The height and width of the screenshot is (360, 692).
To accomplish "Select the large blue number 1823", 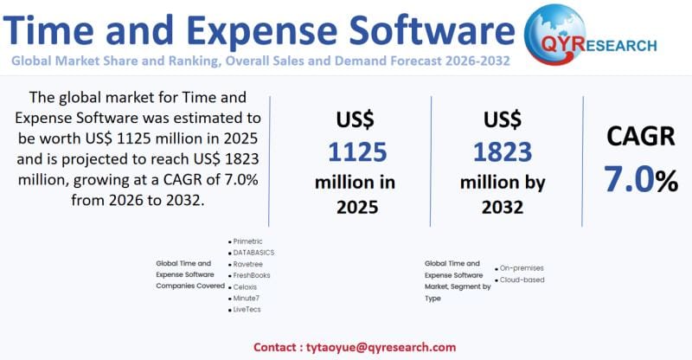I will tap(503, 151).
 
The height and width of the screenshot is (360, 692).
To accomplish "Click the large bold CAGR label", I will tap(640, 138).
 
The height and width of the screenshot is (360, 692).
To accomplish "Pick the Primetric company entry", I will tap(248, 241).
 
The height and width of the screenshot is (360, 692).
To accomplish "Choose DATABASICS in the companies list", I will tap(253, 253).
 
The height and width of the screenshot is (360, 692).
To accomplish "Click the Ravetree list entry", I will tap(248, 264).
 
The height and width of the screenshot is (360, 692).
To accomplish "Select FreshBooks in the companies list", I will tap(252, 275).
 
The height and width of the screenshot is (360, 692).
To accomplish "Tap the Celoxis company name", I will tap(246, 286).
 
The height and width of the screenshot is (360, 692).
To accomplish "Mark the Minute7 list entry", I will tap(247, 298).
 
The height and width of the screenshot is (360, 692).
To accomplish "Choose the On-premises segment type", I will tap(522, 268).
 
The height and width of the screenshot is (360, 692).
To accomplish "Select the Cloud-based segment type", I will tap(522, 280).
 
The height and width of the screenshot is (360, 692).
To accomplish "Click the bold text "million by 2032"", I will tap(503, 194).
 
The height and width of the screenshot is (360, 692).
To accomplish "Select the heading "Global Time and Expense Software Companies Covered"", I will tap(184, 274).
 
